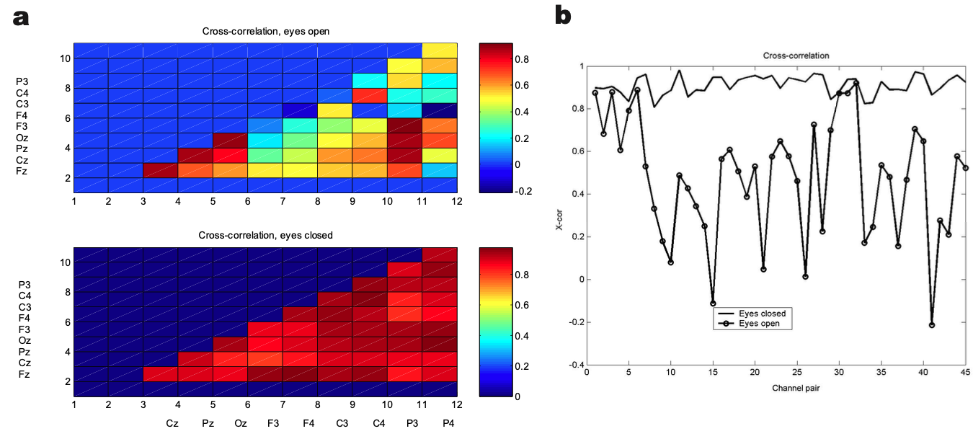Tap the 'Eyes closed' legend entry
(761, 314)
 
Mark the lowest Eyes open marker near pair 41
(932, 325)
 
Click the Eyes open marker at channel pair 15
(713, 303)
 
